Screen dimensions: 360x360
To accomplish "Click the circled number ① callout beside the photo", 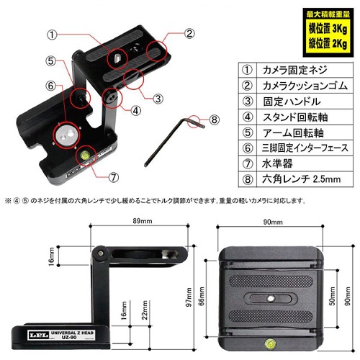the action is pos(52,35).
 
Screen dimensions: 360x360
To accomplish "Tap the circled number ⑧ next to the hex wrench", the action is pos(215,120).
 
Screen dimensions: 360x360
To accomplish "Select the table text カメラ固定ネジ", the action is pos(295,70).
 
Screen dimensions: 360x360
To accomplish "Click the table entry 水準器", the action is pos(277,163).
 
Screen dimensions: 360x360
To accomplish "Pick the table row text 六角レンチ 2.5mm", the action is pos(302,179).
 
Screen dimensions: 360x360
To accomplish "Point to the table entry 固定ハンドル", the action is pos(292,102).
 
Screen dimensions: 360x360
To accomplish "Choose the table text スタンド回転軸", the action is pos(295,117).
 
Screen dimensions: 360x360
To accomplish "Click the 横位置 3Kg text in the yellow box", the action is pos(328,29).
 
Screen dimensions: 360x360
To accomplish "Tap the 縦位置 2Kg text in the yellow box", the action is pos(328,43).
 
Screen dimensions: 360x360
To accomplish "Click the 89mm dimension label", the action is pos(143,221).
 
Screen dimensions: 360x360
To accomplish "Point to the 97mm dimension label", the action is pos(189,297).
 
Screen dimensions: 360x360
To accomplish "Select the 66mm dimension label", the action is pos(202,296).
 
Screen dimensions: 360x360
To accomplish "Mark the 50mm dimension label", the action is pos(333,296).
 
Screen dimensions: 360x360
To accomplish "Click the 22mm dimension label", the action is pos(145,310).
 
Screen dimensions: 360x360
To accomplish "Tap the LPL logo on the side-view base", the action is pos(38,335).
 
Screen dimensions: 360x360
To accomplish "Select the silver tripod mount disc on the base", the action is pos(66,135).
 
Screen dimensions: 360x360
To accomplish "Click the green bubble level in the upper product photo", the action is pos(85,155).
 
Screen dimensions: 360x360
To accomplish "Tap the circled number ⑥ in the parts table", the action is pos(248,148).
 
